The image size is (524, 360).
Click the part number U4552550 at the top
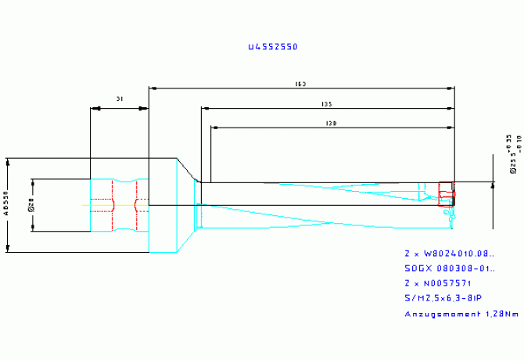(272, 47)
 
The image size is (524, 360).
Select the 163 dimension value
(300, 84)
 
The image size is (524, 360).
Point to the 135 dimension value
(327, 103)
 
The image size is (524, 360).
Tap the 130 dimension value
(332, 123)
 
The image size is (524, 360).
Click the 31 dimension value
(119, 99)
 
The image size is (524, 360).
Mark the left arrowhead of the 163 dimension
(152, 88)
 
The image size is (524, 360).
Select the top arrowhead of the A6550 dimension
(9, 161)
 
